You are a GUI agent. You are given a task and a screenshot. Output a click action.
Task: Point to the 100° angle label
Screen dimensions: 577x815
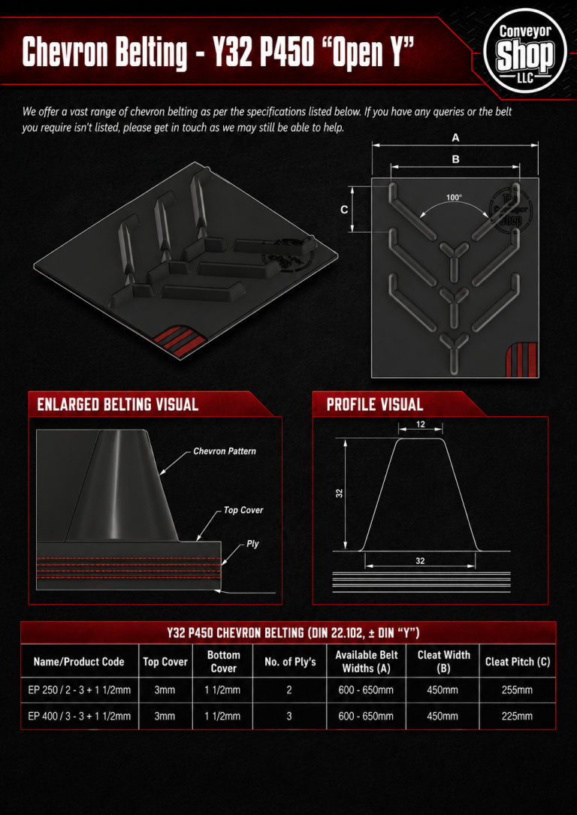454,198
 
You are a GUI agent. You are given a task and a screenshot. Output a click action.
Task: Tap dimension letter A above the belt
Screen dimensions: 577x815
455,138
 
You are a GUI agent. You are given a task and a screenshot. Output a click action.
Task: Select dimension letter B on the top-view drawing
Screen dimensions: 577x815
455,159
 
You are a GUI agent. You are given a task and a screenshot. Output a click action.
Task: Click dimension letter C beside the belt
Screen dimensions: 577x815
344,210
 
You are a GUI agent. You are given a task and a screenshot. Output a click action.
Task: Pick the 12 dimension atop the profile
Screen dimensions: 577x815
421,424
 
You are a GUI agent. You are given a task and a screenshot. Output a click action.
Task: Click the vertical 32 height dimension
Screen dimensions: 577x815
340,494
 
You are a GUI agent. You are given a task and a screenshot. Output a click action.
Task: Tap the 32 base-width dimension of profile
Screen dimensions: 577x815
421,561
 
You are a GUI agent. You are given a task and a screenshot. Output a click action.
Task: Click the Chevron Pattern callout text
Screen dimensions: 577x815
225,451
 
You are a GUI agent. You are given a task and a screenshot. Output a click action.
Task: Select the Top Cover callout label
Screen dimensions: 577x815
243,511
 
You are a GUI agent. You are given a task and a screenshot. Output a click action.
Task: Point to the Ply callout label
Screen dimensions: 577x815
252,544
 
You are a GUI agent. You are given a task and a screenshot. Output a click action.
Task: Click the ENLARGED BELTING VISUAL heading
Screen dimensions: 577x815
117,404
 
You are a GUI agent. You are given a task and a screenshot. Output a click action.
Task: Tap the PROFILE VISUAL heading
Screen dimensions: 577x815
375,404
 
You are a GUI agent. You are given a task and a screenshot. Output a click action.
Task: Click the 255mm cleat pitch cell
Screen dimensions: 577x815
517,690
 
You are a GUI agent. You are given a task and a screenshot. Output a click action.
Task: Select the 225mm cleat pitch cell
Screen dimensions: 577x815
517,717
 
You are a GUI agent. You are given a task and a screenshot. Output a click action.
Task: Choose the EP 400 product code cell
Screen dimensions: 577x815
79,717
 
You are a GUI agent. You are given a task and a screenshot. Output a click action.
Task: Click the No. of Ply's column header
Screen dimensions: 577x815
289,662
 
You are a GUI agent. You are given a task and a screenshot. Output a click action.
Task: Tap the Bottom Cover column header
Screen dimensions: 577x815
224,662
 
